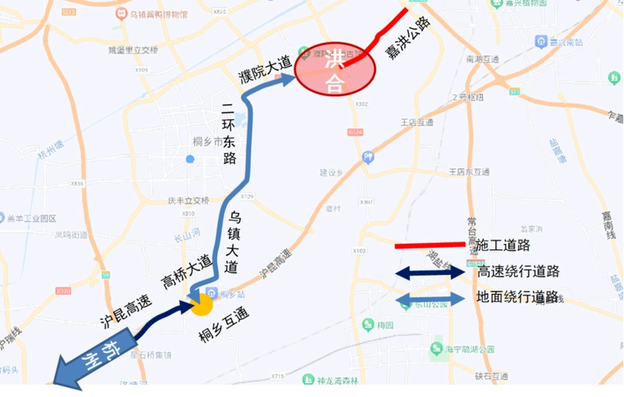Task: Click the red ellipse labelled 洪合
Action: click(x=334, y=70)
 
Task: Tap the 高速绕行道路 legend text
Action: click(x=518, y=272)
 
